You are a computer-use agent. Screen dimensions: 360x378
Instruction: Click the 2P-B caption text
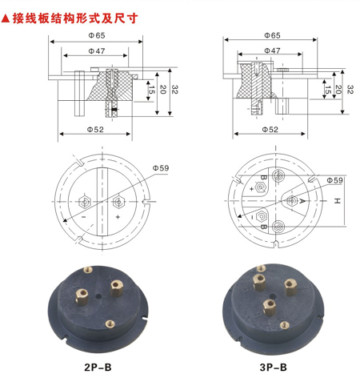coord(98,368)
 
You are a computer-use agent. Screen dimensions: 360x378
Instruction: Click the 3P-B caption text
coord(274,368)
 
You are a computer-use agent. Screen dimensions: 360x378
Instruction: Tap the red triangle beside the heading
coord(6,18)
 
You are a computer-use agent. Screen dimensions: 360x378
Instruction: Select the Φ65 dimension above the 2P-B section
coord(97,35)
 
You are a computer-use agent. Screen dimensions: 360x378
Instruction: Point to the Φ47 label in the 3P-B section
coord(272,50)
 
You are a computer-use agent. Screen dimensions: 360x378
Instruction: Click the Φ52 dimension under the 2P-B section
coord(95,130)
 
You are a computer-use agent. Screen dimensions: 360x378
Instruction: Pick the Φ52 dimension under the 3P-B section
coord(270,130)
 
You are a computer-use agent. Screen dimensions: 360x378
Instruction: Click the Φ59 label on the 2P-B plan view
coord(161,168)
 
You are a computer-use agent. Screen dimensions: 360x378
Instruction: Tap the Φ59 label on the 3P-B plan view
coord(334,180)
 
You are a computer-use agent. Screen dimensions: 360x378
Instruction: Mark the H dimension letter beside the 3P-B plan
coord(337,201)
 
